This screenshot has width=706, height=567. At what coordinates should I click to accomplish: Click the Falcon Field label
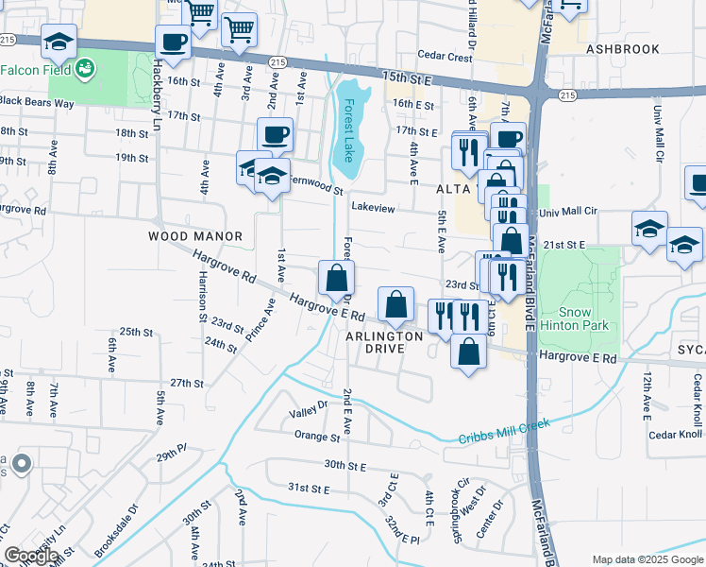click(33, 70)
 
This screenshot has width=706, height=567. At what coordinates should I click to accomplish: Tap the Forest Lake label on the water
click(349, 130)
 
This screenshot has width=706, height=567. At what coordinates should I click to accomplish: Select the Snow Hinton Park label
click(575, 318)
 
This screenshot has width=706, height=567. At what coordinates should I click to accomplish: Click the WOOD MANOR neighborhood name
click(195, 235)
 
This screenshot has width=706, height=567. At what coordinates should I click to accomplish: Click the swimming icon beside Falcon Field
click(86, 69)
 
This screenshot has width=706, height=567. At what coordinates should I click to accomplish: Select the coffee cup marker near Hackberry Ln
click(173, 42)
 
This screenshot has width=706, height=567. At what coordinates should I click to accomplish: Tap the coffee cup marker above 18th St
click(275, 133)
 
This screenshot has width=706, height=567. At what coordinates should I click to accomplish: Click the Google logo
click(31, 556)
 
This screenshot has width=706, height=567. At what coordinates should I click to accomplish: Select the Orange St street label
click(316, 437)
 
